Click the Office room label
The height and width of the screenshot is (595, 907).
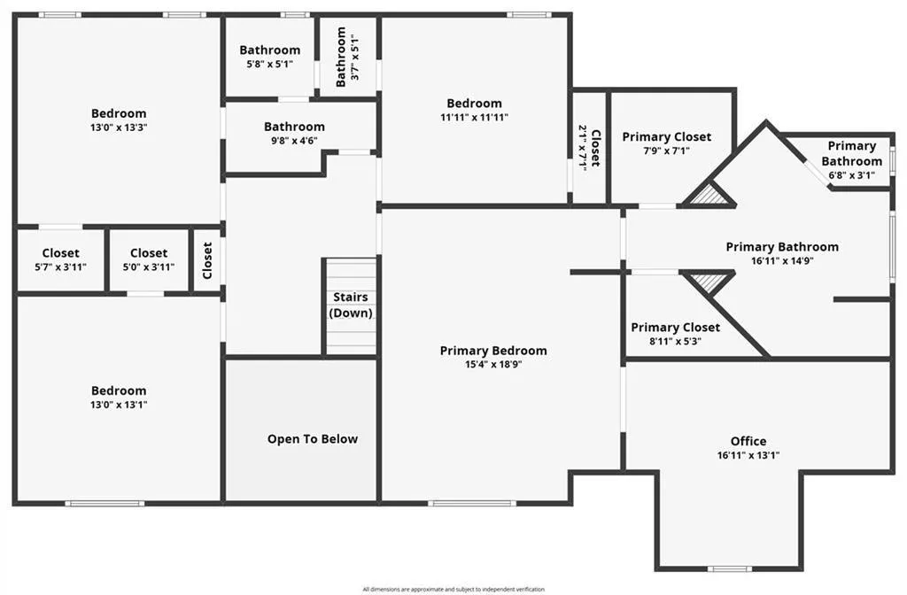[x=748, y=441]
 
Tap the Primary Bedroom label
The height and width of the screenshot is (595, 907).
[x=493, y=351]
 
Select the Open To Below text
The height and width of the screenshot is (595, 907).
[x=313, y=438]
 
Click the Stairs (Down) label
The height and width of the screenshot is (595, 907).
[x=351, y=305]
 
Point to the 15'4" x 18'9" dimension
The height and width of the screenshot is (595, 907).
[x=493, y=364]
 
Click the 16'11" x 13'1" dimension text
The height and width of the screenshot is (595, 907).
[x=748, y=455]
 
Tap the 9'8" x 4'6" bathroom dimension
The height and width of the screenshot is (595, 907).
[x=294, y=140]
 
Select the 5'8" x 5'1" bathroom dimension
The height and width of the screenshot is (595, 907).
[x=269, y=64]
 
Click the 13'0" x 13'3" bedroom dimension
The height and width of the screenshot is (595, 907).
[x=119, y=127]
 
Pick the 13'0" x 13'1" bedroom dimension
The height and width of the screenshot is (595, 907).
[x=119, y=405]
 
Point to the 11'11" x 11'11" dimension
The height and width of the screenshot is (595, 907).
[x=474, y=117]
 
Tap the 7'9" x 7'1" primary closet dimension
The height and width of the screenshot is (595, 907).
[x=666, y=151]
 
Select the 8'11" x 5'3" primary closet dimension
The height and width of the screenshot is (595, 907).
[x=675, y=341]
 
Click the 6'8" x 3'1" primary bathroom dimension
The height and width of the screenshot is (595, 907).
[x=851, y=174]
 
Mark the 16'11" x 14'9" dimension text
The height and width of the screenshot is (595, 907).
[x=782, y=260]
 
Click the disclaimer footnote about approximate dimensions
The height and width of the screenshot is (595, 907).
[x=453, y=589]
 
